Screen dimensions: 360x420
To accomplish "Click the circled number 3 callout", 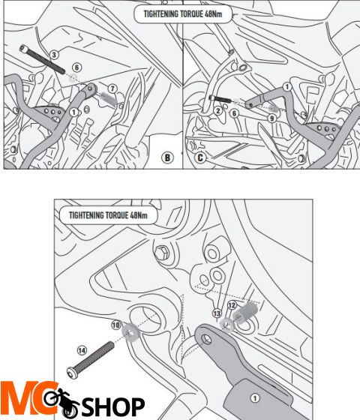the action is pyautogui.click(x=54, y=55).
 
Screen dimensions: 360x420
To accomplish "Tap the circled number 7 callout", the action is pyautogui.click(x=112, y=88).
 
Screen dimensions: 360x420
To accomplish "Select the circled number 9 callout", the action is pyautogui.click(x=271, y=118).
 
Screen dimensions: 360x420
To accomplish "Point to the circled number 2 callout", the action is pyautogui.click(x=218, y=111).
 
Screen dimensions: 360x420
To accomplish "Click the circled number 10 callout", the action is pyautogui.click(x=115, y=325).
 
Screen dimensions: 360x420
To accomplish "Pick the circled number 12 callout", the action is pyautogui.click(x=232, y=305).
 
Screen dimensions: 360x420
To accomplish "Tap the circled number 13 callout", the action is pyautogui.click(x=217, y=313).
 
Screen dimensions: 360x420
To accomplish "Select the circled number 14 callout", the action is pyautogui.click(x=82, y=350).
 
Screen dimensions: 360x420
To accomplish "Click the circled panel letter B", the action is pyautogui.click(x=167, y=157).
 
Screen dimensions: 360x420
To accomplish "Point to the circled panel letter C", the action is pyautogui.click(x=199, y=157).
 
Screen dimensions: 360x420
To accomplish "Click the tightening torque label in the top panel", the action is pyautogui.click(x=183, y=14).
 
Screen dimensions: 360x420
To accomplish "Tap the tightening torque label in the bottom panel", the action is pyautogui.click(x=108, y=215).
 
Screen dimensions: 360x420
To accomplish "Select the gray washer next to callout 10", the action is pyautogui.click(x=130, y=331).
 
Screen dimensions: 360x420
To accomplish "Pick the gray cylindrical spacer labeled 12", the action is pyautogui.click(x=245, y=312).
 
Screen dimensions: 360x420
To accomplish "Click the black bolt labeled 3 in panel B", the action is pyautogui.click(x=42, y=59).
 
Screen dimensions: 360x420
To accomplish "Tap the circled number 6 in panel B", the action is pyautogui.click(x=76, y=67).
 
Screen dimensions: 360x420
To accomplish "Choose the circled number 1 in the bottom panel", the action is pyautogui.click(x=255, y=398).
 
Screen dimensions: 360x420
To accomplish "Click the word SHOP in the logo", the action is pyautogui.click(x=112, y=406).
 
